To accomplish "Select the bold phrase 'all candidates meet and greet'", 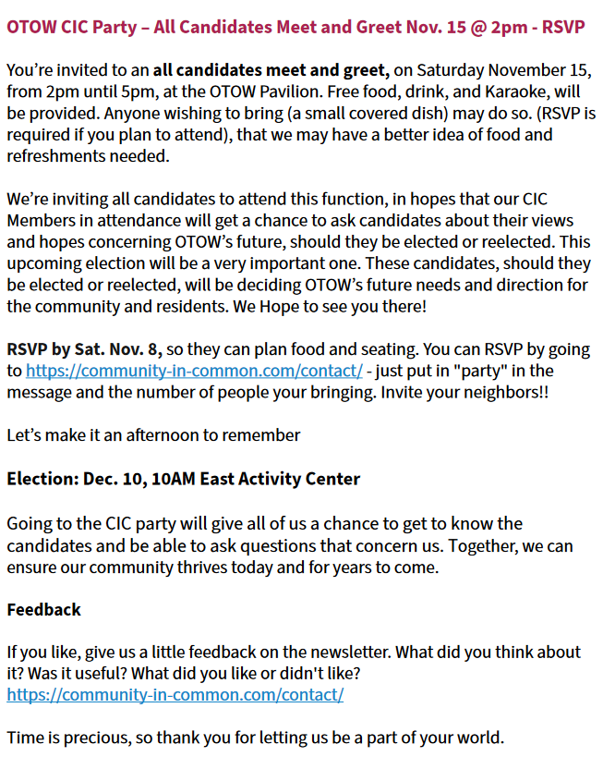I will click(272, 69).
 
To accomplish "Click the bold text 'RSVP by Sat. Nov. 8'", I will click(84, 350).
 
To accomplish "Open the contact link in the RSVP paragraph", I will click(194, 371).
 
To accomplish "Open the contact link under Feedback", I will click(175, 694).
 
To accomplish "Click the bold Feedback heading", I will click(43, 609).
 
